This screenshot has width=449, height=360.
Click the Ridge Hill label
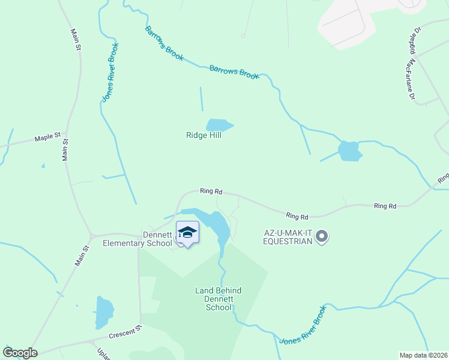pyautogui.click(x=203, y=136)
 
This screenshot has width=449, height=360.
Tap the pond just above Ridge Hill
pyautogui.click(x=218, y=125)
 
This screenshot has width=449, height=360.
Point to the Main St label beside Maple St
pyautogui.click(x=65, y=150)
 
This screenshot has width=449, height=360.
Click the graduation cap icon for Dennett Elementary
pyautogui.click(x=187, y=232)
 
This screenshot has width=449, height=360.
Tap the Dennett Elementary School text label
pyautogui.click(x=137, y=239)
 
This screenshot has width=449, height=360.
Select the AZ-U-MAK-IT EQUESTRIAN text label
pyautogui.click(x=288, y=237)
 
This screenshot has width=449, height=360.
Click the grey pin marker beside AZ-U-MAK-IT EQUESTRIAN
pyautogui.click(x=322, y=236)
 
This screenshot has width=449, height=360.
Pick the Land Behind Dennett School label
pyautogui.click(x=218, y=299)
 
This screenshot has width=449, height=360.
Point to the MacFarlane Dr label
pyautogui.click(x=411, y=79)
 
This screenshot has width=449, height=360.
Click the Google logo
pyautogui.click(x=20, y=353)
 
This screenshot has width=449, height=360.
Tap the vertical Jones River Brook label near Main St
pyautogui.click(x=110, y=72)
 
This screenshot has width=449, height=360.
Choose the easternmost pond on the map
pyautogui.click(x=349, y=151)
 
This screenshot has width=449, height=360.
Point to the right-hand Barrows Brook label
pyautogui.click(x=234, y=73)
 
